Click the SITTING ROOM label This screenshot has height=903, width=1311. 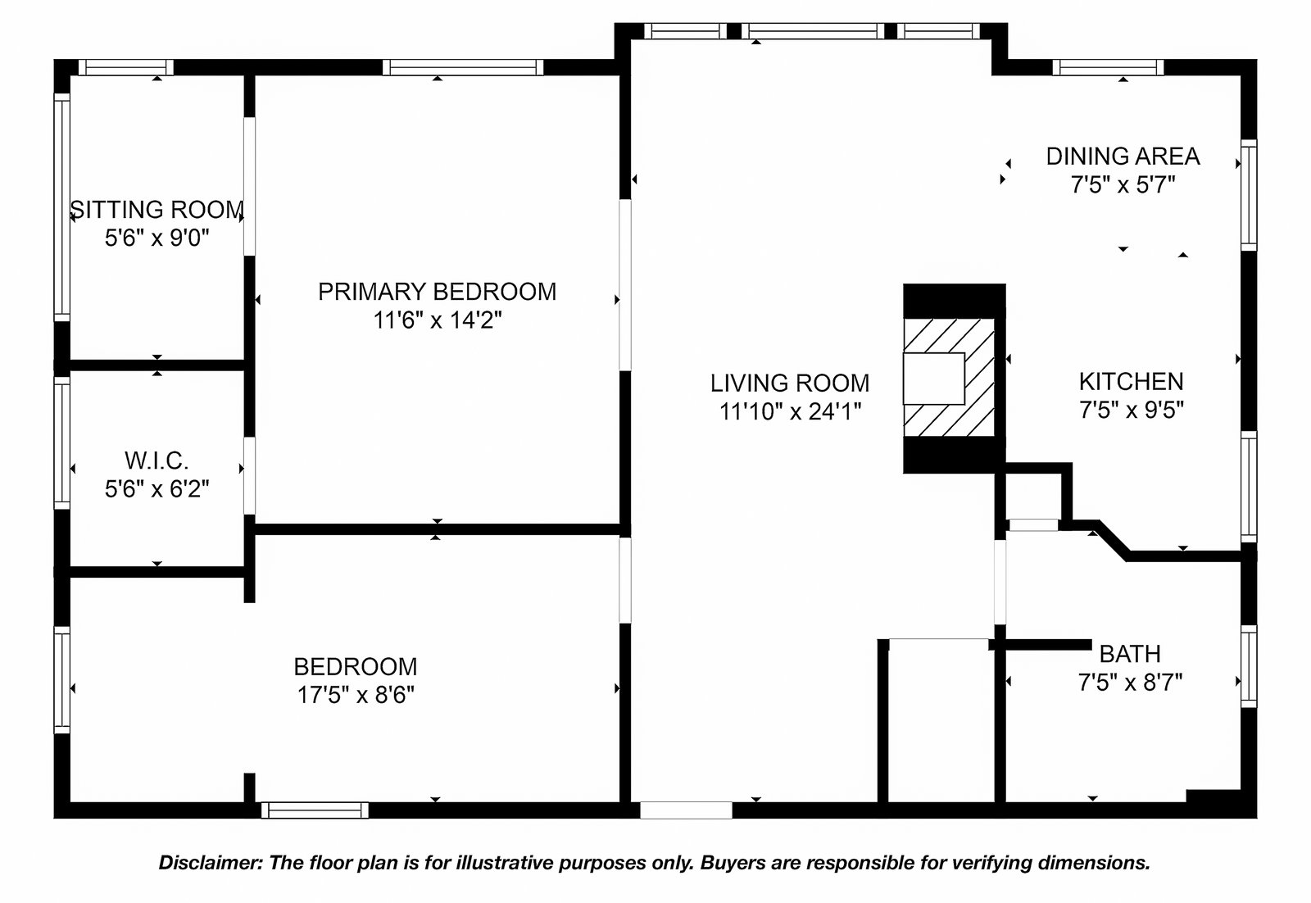pos(157,210)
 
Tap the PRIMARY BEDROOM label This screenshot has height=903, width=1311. pos(438,292)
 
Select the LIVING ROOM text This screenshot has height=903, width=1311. pos(790,383)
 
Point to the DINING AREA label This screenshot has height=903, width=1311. pos(1123,157)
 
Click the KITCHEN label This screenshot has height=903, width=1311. pos(1132,382)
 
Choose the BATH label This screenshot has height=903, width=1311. pos(1130,654)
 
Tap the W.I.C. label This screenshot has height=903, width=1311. pos(157,461)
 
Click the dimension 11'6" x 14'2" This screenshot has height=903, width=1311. pos(438,320)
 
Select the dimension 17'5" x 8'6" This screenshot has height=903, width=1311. pos(356,695)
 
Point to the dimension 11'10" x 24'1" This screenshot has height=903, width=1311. pos(790,411)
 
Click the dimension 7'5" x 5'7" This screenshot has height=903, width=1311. pos(1123,185)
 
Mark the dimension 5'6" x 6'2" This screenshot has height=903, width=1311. pos(157,488)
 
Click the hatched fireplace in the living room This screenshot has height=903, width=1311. pos(950,378)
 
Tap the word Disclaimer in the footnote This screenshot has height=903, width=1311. pos(211,863)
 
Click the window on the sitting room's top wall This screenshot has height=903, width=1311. pos(126,68)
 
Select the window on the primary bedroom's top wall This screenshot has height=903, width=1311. pos(463,68)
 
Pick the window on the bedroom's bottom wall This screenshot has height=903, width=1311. pos(315,810)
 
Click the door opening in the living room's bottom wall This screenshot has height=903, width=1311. pos(686,810)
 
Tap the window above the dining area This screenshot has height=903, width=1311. pos(1108,68)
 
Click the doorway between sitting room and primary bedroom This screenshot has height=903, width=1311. pos(250,186)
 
